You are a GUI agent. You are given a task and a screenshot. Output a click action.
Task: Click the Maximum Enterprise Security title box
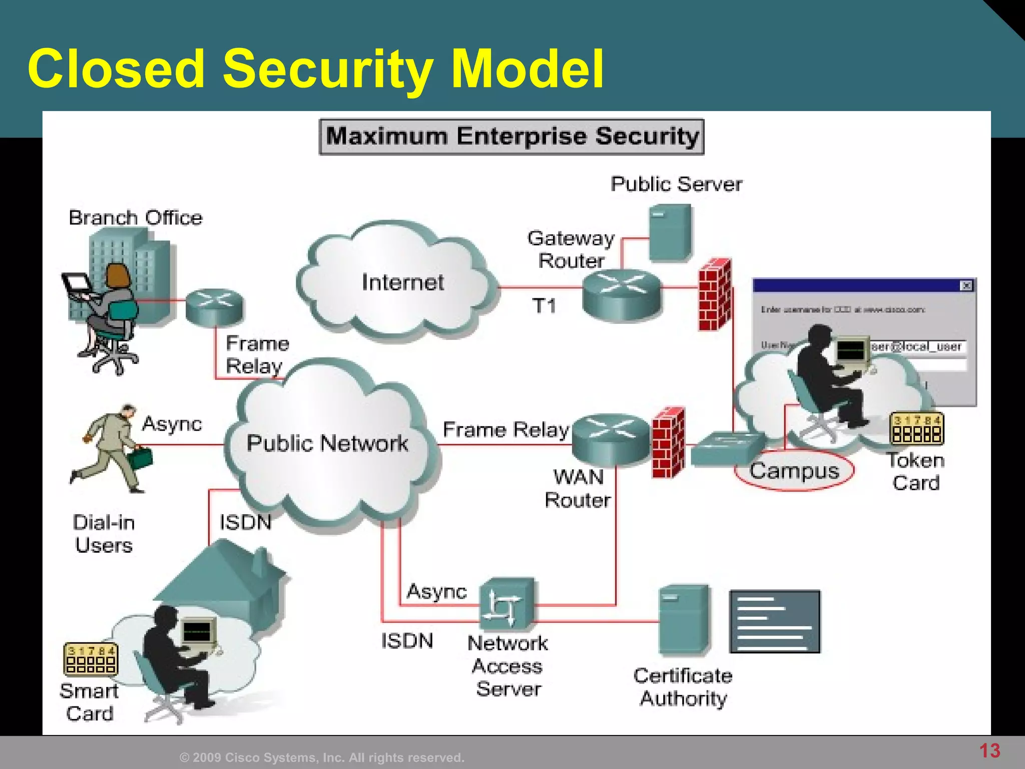click(x=511, y=137)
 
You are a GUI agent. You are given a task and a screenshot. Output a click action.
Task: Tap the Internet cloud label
click(x=402, y=283)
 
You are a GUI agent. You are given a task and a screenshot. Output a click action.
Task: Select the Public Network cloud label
click(x=327, y=444)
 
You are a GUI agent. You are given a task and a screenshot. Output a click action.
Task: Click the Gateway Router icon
click(x=622, y=294)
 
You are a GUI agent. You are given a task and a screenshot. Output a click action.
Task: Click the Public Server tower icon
click(x=671, y=233)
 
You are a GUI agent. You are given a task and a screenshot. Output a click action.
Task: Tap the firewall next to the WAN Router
click(x=668, y=443)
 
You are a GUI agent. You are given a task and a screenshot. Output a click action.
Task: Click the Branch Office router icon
click(x=214, y=306)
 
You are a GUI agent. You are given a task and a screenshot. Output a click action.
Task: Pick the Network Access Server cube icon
click(x=506, y=605)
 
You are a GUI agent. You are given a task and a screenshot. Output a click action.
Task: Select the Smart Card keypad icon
click(x=91, y=659)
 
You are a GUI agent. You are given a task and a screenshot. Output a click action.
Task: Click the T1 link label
click(x=544, y=305)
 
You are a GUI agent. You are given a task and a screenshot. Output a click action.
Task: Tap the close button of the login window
click(x=966, y=286)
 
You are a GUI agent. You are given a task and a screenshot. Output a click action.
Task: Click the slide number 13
click(x=989, y=750)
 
